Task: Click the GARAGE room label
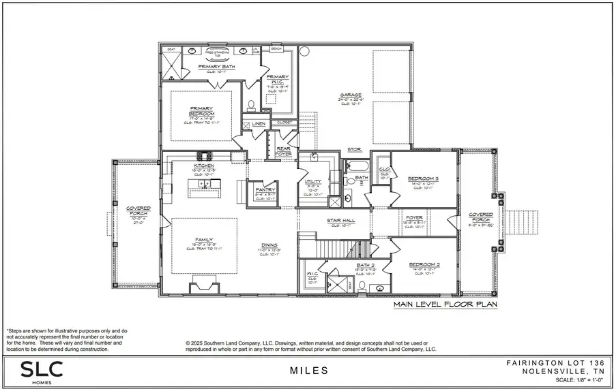click(351, 95)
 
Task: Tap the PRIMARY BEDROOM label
click(202, 110)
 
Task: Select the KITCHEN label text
click(204, 166)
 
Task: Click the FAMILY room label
click(204, 240)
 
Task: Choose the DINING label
click(269, 246)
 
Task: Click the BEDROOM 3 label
click(423, 178)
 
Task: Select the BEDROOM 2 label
click(423, 264)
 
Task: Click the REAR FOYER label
click(283, 151)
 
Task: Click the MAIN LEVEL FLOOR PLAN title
click(445, 305)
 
